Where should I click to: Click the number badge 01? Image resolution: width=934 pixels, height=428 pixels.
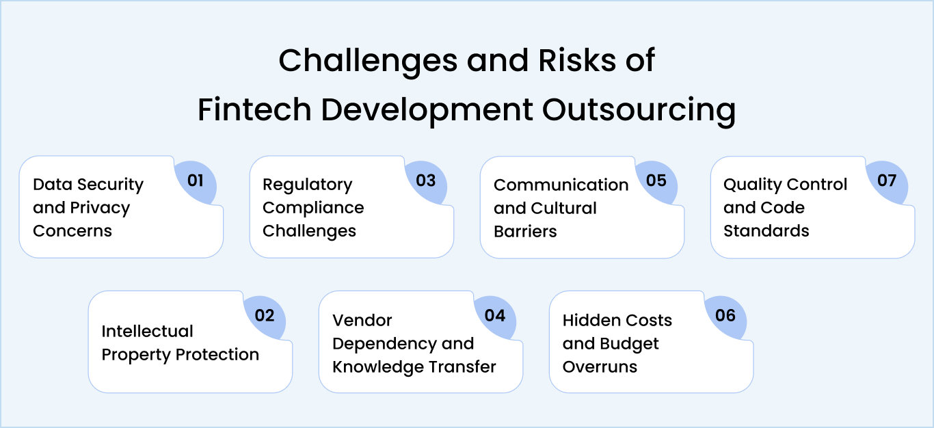point(196,180)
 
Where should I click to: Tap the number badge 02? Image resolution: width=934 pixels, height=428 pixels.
point(265,315)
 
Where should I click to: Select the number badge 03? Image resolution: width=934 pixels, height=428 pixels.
point(426,180)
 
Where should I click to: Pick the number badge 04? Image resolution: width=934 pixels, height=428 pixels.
point(495,315)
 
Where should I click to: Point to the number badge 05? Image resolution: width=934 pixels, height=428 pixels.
point(656,180)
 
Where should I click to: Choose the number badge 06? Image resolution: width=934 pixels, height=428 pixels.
point(725,315)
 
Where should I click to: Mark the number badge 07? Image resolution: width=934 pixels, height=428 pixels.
point(887,180)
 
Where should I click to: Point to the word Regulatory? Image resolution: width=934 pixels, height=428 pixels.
point(307,185)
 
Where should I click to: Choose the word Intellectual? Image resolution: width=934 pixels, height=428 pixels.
point(147,332)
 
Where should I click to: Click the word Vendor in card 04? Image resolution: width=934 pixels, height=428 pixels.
point(362,320)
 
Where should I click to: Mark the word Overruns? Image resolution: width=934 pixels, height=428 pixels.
point(600,366)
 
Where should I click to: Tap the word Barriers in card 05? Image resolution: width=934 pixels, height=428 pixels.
point(525,231)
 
